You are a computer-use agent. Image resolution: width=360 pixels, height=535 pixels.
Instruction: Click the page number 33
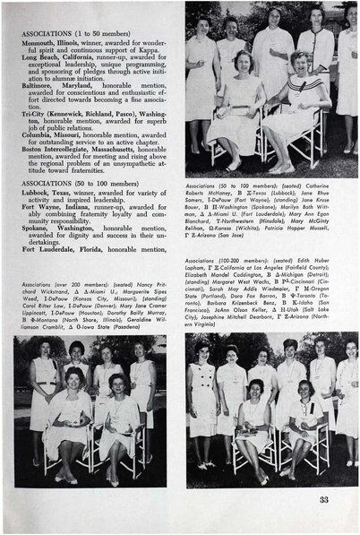tap(323, 500)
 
